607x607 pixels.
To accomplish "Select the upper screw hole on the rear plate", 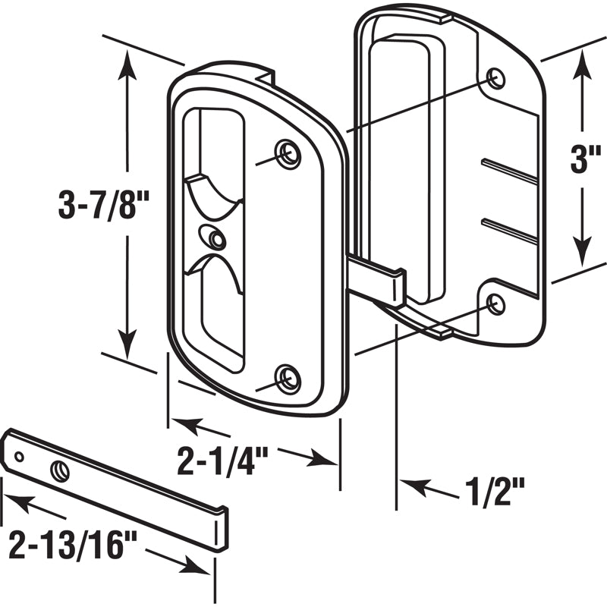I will coord(495,77).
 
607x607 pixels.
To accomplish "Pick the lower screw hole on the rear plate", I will coord(495,304).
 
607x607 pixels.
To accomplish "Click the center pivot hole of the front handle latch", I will coord(217,240).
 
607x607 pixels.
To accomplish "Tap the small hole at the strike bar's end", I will coord(20,456).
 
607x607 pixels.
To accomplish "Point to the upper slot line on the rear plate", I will coord(510,171).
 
